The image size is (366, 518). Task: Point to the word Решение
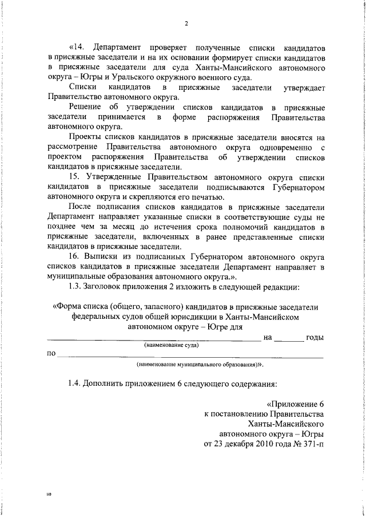click(84, 108)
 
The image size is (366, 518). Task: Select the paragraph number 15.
click(74, 177)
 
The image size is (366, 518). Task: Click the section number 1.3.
click(75, 286)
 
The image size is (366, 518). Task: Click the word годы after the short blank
click(315, 337)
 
